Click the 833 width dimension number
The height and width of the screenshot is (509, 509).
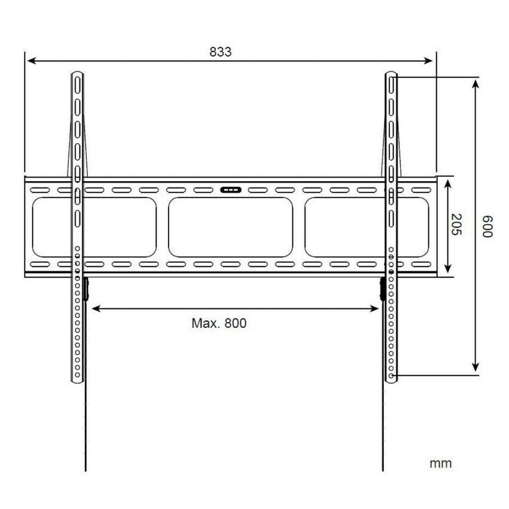click(220, 52)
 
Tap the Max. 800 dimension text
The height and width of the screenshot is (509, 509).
click(220, 323)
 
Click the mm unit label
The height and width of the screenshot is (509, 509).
click(440, 463)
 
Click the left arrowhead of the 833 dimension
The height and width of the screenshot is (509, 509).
click(30, 62)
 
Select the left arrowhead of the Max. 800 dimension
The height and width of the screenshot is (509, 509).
click(94, 308)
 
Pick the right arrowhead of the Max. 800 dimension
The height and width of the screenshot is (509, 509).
click(377, 308)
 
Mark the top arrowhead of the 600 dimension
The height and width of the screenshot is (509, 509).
click(476, 84)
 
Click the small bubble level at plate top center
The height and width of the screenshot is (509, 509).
click(230, 191)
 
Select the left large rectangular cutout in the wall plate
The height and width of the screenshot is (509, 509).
click(94, 227)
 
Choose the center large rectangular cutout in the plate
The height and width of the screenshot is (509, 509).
click(231, 227)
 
